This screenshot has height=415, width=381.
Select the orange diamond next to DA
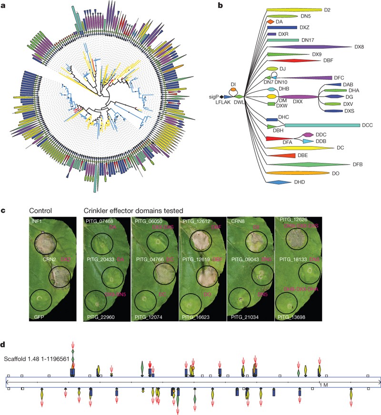[270, 22]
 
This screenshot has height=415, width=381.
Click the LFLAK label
[222, 103]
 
